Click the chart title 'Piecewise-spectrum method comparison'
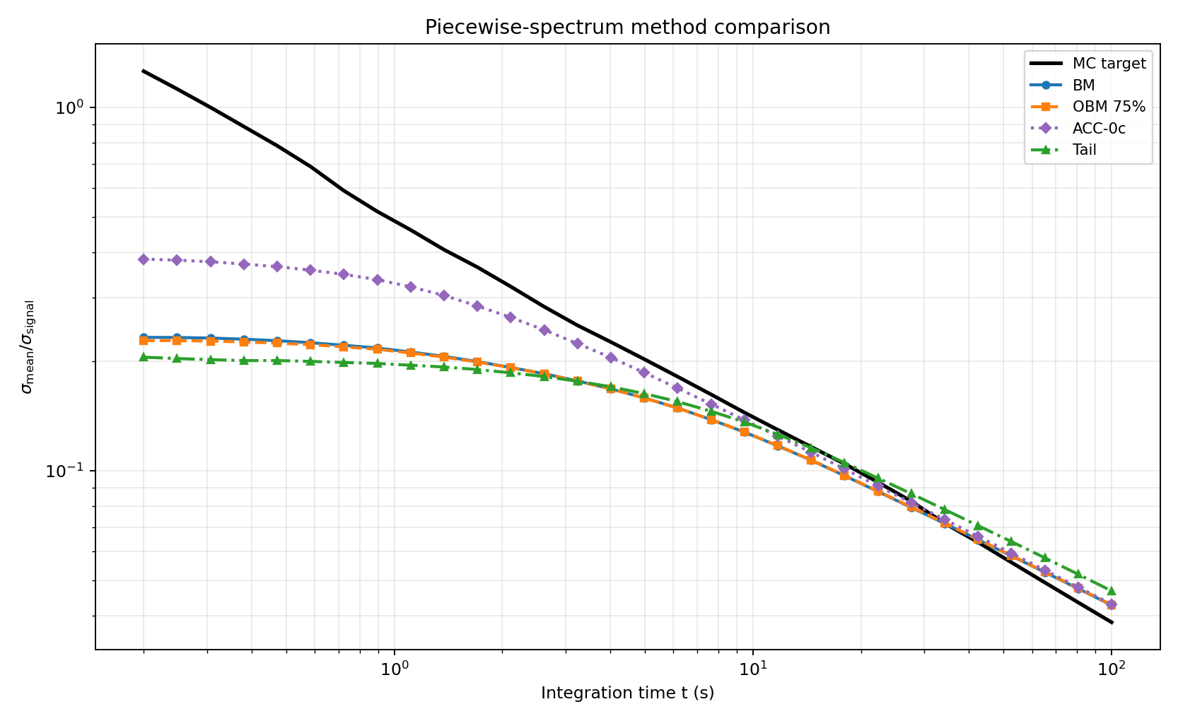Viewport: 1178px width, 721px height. pos(627,27)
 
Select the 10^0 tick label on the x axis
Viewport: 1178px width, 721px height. pos(394,668)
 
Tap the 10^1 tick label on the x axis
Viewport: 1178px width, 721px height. pos(752,668)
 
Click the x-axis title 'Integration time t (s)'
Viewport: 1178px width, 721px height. pos(627,693)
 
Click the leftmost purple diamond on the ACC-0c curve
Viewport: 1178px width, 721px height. pos(144,259)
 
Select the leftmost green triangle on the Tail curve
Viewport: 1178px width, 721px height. pos(144,357)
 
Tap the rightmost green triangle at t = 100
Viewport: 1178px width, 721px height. pos(1112,591)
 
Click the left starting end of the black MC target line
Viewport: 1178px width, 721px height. pos(144,71)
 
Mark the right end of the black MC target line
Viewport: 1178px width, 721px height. pos(1112,623)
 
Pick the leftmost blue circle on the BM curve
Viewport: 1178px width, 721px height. pos(144,337)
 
